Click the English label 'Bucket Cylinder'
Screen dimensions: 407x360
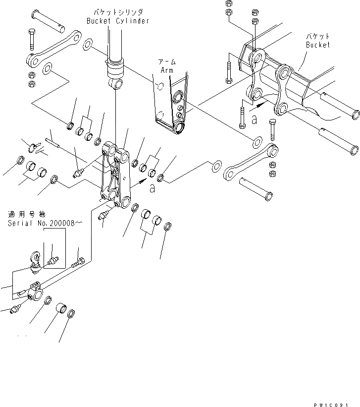[x=117, y=21]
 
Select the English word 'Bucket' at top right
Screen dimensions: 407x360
[x=317, y=45]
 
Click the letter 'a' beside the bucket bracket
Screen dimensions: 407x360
[x=254, y=119]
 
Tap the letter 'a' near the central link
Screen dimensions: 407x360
[x=152, y=188]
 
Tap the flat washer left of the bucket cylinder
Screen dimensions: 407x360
[x=88, y=45]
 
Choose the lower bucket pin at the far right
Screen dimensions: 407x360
[x=339, y=141]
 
